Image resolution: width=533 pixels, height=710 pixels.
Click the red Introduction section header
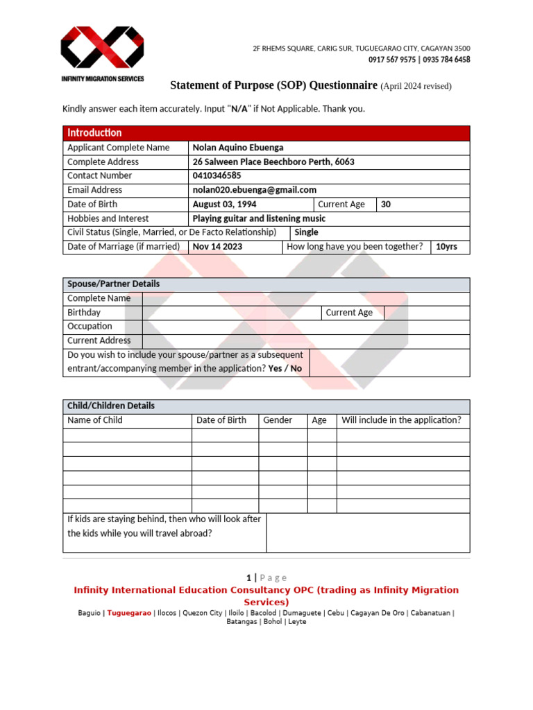point(94,132)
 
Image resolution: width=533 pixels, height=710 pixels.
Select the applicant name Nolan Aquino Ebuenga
point(238,148)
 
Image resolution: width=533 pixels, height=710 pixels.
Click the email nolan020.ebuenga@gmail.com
point(254,190)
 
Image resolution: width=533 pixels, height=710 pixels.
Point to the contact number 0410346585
point(217,175)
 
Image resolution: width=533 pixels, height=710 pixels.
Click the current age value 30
point(386,205)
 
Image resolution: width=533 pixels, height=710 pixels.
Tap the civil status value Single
point(306,233)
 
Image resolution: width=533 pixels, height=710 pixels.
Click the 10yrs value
point(446,247)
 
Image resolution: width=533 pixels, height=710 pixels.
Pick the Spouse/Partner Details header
point(113,284)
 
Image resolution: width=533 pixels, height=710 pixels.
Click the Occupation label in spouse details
point(90,327)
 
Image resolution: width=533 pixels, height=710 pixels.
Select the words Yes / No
point(285,369)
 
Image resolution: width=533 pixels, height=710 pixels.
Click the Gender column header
point(278,420)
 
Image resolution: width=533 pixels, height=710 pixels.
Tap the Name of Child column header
point(95,420)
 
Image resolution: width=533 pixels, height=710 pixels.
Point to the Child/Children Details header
point(111,406)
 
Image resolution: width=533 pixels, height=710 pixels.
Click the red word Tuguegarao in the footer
point(129,613)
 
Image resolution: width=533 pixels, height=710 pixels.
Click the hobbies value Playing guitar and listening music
point(259,218)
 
